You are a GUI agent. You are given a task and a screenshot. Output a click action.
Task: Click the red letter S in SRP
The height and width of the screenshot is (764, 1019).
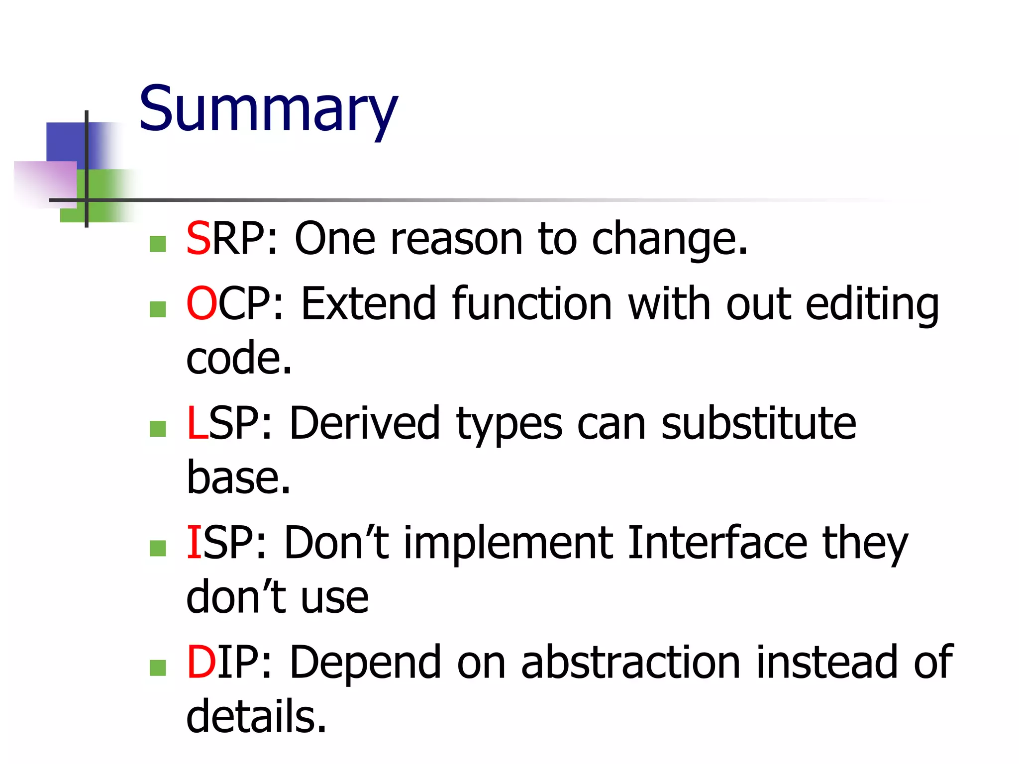click(x=198, y=239)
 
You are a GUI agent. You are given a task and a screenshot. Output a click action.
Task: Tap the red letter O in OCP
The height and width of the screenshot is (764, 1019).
click(x=202, y=303)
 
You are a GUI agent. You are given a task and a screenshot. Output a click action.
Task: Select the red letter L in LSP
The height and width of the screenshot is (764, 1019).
click(x=197, y=423)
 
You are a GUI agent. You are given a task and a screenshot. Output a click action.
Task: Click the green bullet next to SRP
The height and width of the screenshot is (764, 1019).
click(x=158, y=244)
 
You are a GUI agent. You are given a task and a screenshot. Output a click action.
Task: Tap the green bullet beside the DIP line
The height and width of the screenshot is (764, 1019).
click(x=158, y=668)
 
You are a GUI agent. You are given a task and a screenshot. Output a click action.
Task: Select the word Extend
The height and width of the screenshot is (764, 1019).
click(x=368, y=303)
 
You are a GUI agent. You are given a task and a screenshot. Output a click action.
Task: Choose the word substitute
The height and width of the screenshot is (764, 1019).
click(x=758, y=423)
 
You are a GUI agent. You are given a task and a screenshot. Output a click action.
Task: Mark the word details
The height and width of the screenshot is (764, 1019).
click(x=256, y=716)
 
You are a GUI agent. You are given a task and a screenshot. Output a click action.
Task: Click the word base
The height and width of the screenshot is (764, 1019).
click(x=238, y=477)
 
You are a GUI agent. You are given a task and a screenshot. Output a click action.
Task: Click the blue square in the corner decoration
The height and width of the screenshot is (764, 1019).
click(x=67, y=142)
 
